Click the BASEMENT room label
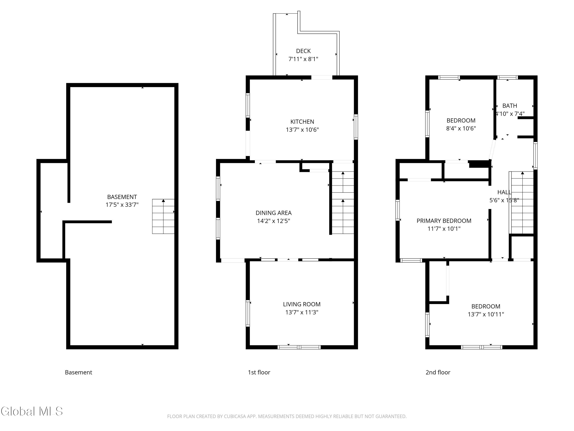pos(122,197)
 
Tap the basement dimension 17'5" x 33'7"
pos(122,205)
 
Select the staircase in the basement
pos(163,216)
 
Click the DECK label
pos(303,51)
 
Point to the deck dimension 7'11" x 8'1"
pos(303,59)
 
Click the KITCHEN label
pos(302,122)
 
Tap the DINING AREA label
pos(273,213)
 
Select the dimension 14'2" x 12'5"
pos(273,221)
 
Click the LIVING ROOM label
pos(302,304)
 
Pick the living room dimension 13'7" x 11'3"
pos(302,312)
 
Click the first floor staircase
pos(343,202)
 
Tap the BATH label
pos(510,106)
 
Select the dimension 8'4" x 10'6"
pos(461,128)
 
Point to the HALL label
pos(504,192)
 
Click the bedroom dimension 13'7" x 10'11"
pos(486,314)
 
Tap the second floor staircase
pos(522,203)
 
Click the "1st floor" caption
pos(259,372)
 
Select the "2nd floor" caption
pos(438,372)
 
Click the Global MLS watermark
pos(32,411)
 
